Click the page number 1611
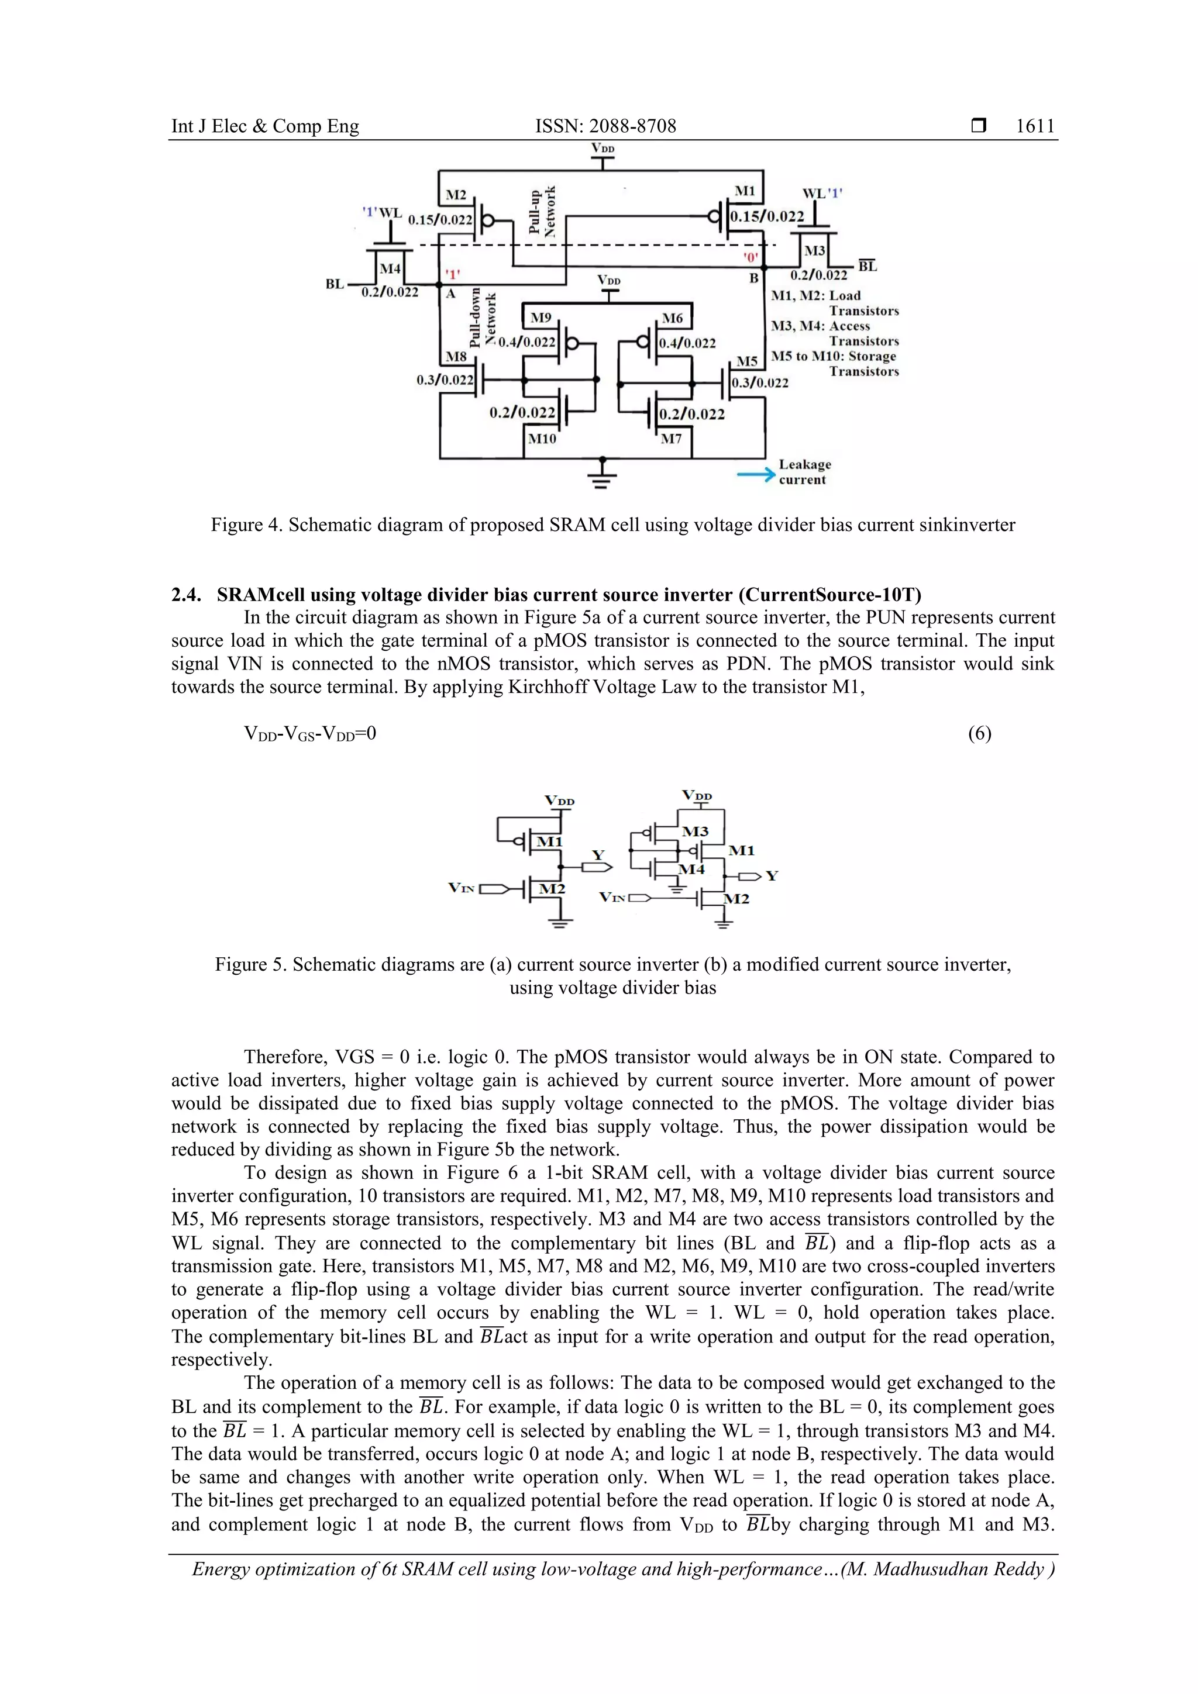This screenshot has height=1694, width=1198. click(1035, 126)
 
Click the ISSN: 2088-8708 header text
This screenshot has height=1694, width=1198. click(605, 126)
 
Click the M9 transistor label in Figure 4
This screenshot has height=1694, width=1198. click(541, 318)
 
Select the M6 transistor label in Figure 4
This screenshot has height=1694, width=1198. click(672, 318)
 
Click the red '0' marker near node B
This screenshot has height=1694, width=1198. click(750, 257)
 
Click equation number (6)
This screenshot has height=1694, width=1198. click(979, 733)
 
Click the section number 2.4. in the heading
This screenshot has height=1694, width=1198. click(186, 595)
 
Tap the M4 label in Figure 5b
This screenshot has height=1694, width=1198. click(691, 869)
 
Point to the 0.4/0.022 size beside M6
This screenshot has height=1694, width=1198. click(687, 343)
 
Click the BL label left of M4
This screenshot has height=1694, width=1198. click(335, 284)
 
